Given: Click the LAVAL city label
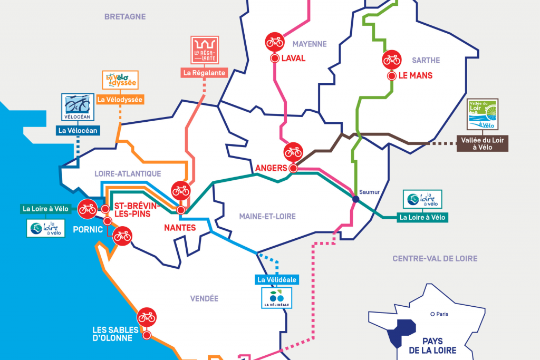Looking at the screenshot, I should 293,59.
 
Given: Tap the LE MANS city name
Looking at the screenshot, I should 415,76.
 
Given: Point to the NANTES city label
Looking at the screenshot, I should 179,228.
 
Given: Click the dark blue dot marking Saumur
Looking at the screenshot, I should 355,199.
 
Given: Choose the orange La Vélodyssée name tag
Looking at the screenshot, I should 120,99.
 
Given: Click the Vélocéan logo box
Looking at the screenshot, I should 78,108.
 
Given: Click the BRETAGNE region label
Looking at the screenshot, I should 124,17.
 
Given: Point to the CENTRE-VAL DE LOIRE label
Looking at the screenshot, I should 435,258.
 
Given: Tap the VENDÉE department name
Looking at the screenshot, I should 204,298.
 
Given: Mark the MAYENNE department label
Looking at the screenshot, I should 311,44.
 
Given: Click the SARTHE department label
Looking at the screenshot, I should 427,60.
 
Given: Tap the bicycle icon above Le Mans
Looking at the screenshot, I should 392,59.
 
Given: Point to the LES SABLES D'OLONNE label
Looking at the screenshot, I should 115,334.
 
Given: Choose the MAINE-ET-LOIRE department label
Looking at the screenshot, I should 267,216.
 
